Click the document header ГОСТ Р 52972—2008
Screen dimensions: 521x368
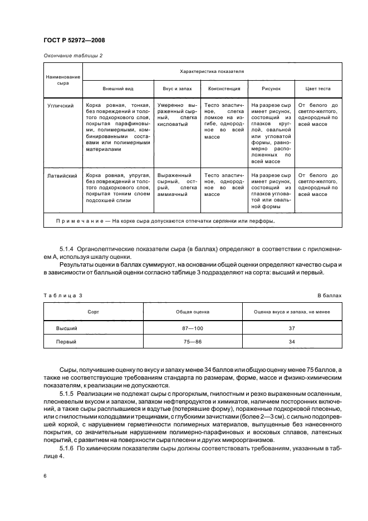point(73,40)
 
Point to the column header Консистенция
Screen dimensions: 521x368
point(224,88)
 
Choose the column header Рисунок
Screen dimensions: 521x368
point(271,88)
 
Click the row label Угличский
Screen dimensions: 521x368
point(62,105)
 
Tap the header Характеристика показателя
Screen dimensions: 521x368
point(211,72)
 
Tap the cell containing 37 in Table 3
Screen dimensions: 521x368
point(292,329)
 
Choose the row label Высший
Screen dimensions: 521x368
point(66,329)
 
